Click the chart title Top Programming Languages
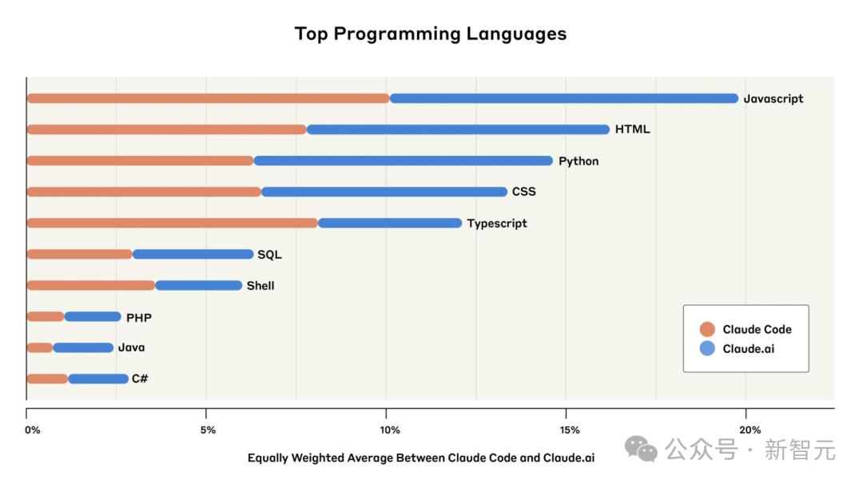coord(431,34)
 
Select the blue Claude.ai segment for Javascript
coord(564,98)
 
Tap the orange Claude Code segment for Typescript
coord(173,223)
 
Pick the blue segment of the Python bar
coord(403,161)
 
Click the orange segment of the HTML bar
coord(166,129)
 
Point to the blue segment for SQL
coord(193,254)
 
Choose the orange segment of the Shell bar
coord(90,285)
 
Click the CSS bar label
coord(524,192)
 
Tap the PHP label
coord(139,317)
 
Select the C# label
coord(140,379)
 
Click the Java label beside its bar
coord(132,347)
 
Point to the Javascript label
coord(774,99)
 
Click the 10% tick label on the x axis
coord(390,430)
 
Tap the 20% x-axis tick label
coord(750,430)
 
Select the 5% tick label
coord(208,430)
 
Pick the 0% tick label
coord(33,430)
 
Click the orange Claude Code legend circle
coord(706,329)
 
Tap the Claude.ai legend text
coord(749,348)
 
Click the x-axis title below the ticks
coord(421,458)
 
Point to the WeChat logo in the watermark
coord(641,449)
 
